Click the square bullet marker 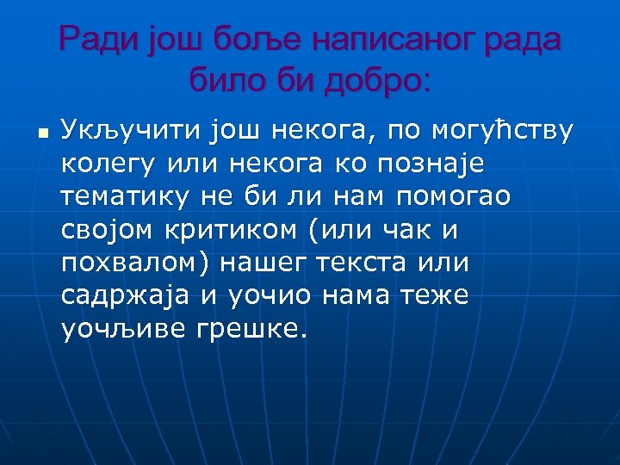(40, 133)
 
